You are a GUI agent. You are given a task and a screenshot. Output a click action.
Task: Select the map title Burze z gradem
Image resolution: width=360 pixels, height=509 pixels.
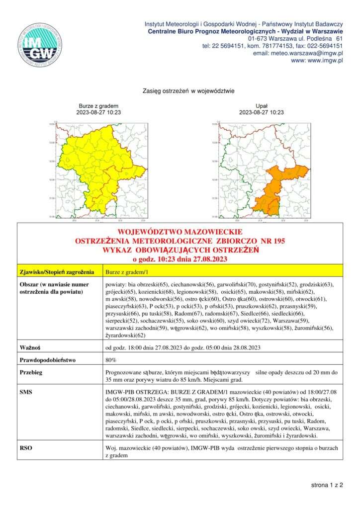click(98, 106)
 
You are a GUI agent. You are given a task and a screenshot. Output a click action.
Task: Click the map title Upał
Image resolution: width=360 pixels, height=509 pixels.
click(261, 106)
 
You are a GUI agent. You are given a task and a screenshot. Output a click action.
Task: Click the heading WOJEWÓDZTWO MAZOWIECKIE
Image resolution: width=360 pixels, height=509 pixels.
click(180, 232)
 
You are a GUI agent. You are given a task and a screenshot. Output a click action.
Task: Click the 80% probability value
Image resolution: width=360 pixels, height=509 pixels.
click(111, 359)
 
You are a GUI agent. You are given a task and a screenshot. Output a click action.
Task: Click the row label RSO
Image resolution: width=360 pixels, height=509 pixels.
click(26, 448)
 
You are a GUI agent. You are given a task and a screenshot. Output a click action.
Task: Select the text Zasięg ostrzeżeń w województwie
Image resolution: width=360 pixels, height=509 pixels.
click(181, 91)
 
